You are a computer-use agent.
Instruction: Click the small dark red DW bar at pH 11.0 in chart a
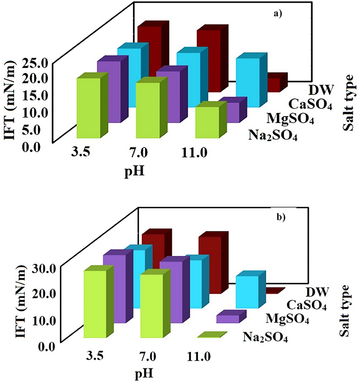coord(275,84)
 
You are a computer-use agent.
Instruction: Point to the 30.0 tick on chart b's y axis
coord(37,267)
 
